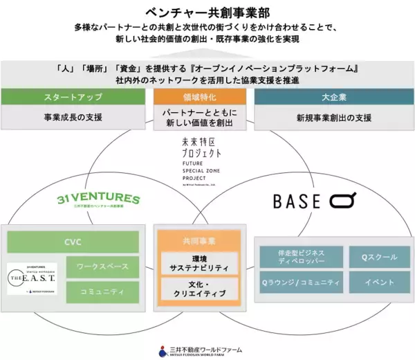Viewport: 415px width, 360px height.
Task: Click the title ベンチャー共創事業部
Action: coord(207,12)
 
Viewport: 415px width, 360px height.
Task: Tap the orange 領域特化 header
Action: coord(202,96)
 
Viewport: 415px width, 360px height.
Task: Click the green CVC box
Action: coord(73,243)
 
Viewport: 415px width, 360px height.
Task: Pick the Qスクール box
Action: coord(378,257)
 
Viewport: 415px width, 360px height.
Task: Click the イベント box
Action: coord(378,282)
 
